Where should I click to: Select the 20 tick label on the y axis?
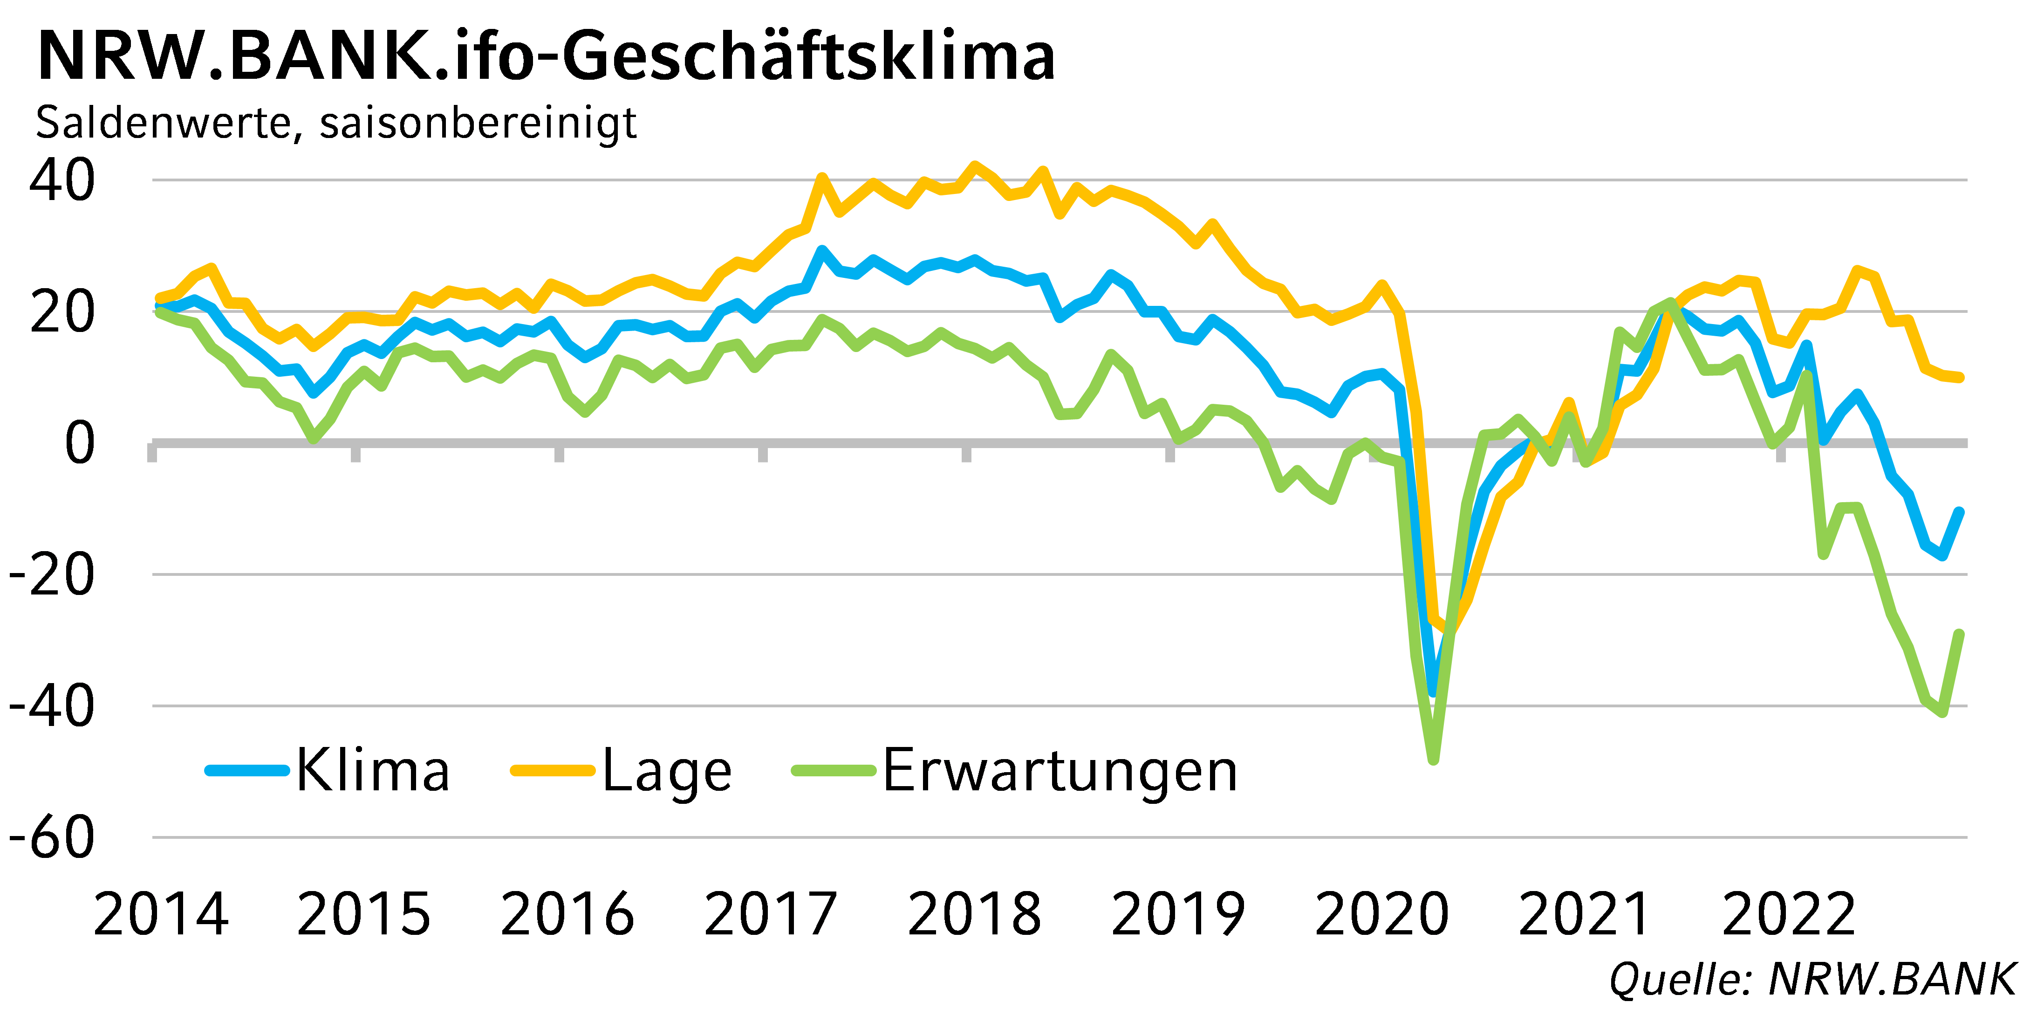(62, 312)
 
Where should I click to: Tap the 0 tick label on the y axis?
(79, 443)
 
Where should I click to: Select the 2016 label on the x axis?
(567, 914)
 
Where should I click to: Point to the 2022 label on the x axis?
(1789, 914)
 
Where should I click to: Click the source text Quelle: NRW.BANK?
(1812, 979)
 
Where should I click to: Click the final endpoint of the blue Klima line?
(1959, 512)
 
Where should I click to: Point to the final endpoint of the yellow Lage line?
(1959, 378)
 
